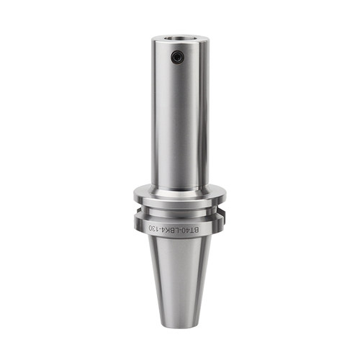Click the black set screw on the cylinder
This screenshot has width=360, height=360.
coord(177,57)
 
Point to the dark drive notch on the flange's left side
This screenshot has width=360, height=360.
coord(136,211)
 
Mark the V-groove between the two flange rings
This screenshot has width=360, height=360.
coord(180,211)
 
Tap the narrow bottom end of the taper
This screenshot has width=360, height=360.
coord(179,325)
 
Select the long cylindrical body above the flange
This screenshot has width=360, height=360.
coord(179,113)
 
